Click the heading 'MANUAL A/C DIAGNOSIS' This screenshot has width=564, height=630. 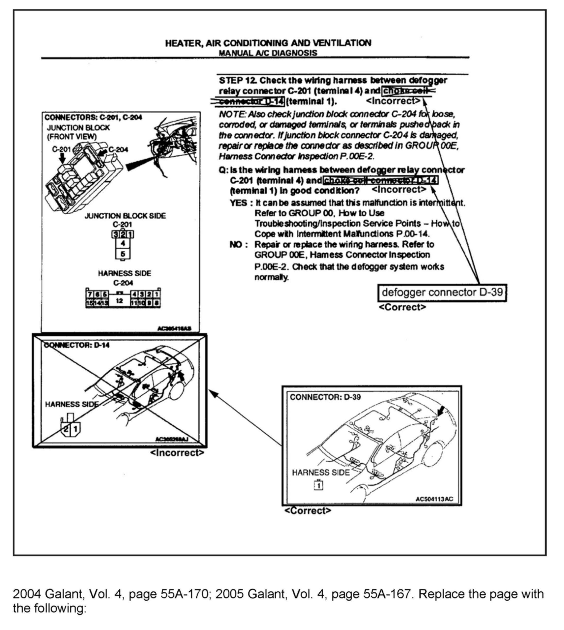[268, 53]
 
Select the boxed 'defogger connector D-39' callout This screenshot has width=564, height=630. [442, 292]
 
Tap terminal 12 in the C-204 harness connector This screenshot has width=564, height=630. [120, 300]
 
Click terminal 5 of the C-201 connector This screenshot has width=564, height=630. [123, 254]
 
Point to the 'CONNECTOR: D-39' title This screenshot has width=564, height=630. [325, 397]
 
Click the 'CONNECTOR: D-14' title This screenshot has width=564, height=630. [77, 345]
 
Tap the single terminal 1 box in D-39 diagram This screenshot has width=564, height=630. [319, 485]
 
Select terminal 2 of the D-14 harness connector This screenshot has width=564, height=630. [66, 429]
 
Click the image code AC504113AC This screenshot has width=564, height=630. [434, 499]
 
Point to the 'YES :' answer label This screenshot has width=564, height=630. [238, 203]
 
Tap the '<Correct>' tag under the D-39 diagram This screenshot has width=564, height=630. [308, 511]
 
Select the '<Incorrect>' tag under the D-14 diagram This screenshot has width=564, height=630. [177, 453]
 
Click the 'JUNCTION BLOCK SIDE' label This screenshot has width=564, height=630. [125, 216]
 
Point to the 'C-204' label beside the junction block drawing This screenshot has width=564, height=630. [118, 149]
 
